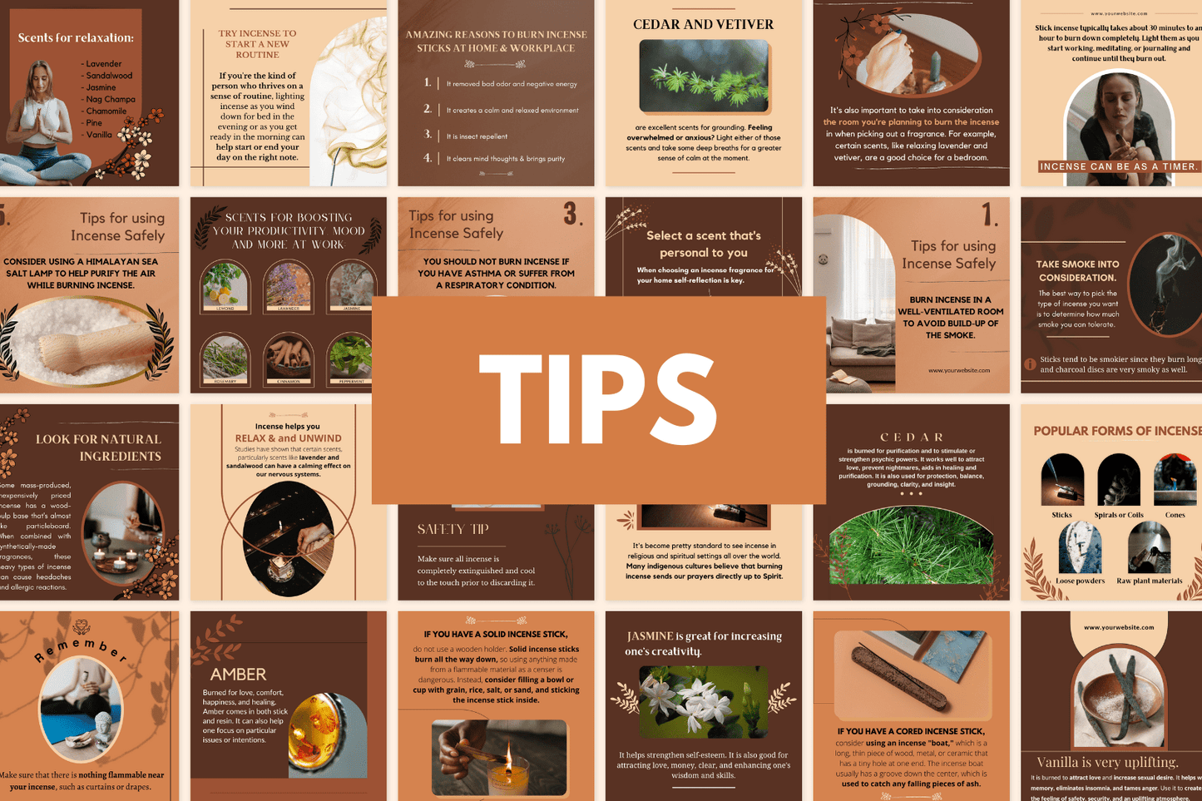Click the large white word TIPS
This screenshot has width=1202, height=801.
point(597,399)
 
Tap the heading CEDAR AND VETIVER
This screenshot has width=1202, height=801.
point(703,24)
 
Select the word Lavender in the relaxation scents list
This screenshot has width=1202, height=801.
point(104,64)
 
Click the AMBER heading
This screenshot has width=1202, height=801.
point(238,674)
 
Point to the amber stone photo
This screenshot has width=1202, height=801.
point(327,734)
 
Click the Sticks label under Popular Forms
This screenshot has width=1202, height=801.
point(1061,515)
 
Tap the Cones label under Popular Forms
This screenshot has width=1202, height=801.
point(1175,515)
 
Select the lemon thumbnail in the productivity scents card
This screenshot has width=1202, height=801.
point(225,285)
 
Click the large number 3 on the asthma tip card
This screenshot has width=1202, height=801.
point(571,215)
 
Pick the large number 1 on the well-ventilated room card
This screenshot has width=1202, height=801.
point(988,216)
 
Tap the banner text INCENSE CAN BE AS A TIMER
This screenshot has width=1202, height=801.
point(1119,166)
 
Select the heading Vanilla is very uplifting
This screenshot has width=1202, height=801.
point(1107,762)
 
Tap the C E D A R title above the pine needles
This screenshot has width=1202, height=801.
point(912,437)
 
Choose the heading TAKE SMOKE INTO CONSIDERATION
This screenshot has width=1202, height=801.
point(1077,270)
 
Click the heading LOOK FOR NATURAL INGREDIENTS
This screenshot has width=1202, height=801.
point(98,447)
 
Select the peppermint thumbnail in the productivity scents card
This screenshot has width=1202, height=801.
point(351,356)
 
